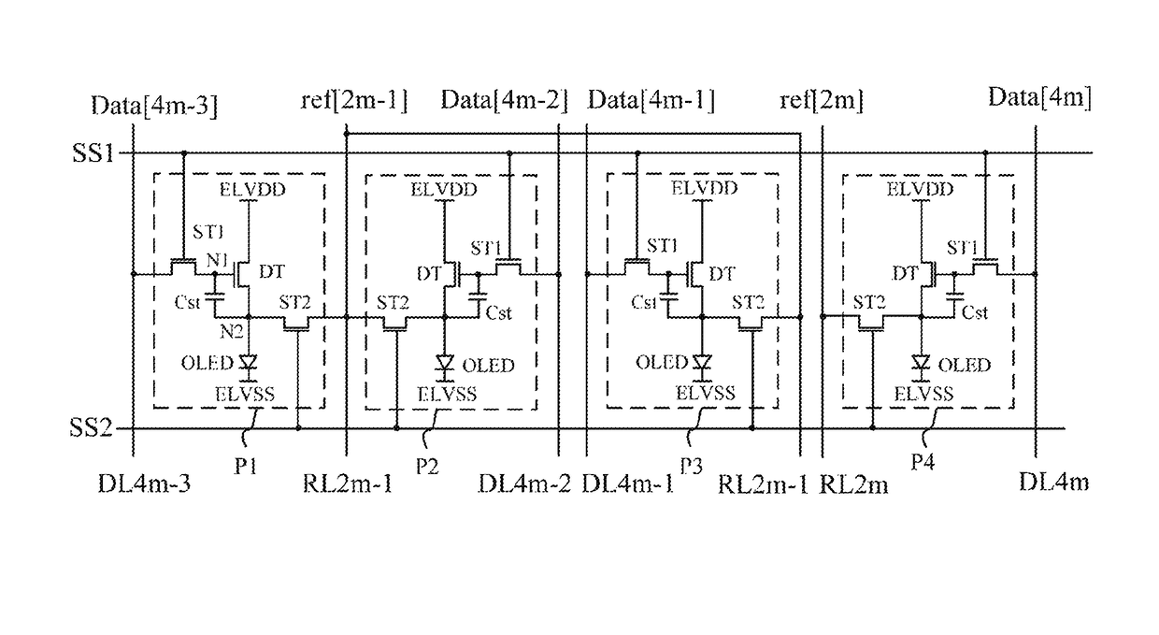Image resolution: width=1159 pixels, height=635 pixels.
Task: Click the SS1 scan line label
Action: click(93, 153)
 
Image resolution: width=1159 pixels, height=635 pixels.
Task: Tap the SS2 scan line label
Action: click(91, 428)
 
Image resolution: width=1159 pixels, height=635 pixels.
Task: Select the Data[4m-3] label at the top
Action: click(154, 106)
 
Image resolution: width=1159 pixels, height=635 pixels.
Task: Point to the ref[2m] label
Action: click(822, 100)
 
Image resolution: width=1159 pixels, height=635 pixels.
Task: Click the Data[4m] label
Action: click(1040, 97)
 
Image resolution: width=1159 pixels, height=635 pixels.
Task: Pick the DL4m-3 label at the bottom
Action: click(144, 483)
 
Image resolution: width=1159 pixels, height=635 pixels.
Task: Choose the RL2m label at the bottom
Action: click(853, 485)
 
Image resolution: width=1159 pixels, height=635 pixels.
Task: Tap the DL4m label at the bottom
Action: click(1053, 483)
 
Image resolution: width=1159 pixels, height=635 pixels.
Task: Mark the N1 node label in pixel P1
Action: click(217, 260)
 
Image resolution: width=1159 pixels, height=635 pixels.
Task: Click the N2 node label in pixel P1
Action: click(231, 332)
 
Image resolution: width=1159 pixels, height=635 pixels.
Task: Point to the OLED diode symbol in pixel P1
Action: click(249, 362)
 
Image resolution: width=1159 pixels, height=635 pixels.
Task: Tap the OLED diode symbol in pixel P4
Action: click(921, 362)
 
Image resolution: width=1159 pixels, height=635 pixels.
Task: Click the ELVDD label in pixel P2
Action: click(444, 190)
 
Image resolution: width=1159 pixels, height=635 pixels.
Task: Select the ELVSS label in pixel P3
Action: click(706, 394)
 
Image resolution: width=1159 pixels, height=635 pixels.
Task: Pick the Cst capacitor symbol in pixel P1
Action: click(214, 297)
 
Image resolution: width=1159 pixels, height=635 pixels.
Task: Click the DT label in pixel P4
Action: click(905, 273)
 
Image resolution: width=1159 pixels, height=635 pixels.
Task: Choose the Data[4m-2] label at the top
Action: click(504, 100)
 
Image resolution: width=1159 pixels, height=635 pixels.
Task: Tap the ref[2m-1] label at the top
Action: click(354, 100)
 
